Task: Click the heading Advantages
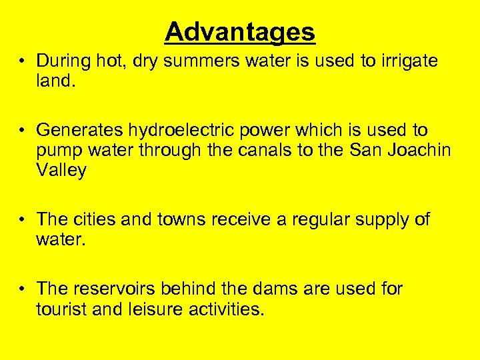pyautogui.click(x=240, y=31)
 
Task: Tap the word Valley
pyautogui.click(x=61, y=171)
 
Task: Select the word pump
pyautogui.click(x=59, y=151)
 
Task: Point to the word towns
pyautogui.click(x=181, y=219)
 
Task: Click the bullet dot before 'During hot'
pyautogui.click(x=23, y=61)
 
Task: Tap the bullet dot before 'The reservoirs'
pyautogui.click(x=23, y=289)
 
